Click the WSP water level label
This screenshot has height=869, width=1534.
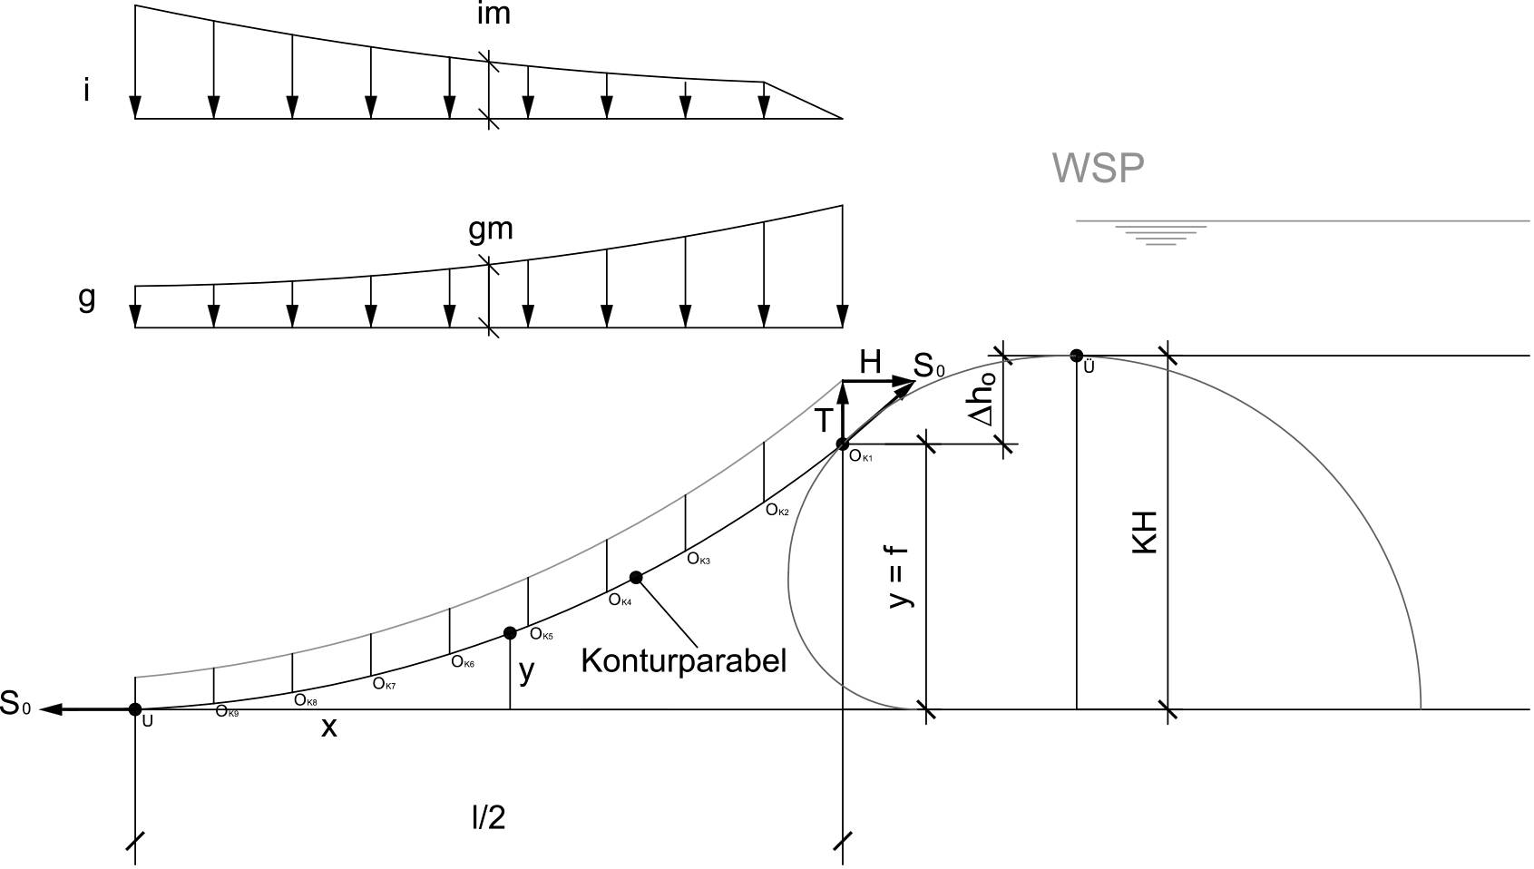pyautogui.click(x=1098, y=169)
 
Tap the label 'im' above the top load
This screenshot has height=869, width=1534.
pyautogui.click(x=493, y=15)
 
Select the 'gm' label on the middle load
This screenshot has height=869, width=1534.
pyautogui.click(x=491, y=230)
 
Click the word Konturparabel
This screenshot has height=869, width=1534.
pyautogui.click(x=683, y=661)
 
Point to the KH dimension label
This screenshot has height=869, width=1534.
pyautogui.click(x=1144, y=532)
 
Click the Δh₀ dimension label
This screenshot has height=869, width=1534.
pyautogui.click(x=984, y=398)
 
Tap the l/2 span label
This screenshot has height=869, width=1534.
pyautogui.click(x=488, y=817)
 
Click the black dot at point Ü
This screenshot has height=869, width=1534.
pyautogui.click(x=1077, y=356)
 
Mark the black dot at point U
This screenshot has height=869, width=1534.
pyautogui.click(x=135, y=709)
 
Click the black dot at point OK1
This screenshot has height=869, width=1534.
pyautogui.click(x=843, y=444)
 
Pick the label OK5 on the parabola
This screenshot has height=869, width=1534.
pyautogui.click(x=541, y=634)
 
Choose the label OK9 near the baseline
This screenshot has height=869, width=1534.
pyautogui.click(x=227, y=712)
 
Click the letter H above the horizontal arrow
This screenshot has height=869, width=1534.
pyautogui.click(x=870, y=362)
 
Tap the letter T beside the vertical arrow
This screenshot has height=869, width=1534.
pyautogui.click(x=825, y=420)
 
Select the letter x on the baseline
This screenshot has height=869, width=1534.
pyautogui.click(x=329, y=727)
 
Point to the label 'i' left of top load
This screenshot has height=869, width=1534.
pyautogui.click(x=86, y=90)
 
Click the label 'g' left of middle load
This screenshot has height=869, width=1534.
pyautogui.click(x=86, y=298)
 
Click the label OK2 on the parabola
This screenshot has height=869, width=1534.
pyautogui.click(x=777, y=510)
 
